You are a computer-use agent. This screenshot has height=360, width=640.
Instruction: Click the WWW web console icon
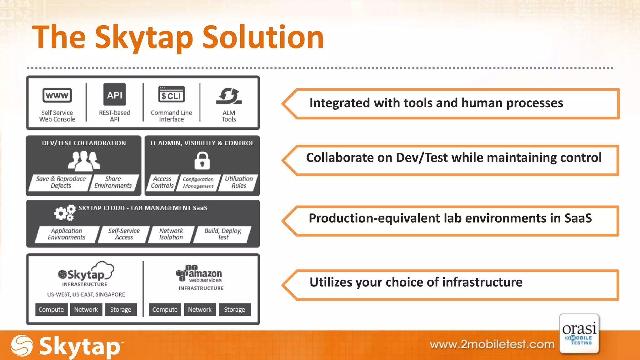[57, 95]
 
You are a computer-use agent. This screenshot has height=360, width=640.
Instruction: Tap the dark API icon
[115, 95]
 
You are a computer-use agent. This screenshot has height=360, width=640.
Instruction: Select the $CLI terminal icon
[172, 95]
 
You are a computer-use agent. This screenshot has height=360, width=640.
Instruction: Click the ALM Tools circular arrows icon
[229, 96]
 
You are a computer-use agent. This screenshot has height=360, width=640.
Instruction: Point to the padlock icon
[202, 161]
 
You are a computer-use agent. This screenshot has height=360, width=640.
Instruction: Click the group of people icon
[84, 161]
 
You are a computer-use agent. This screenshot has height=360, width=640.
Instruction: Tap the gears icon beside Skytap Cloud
[65, 213]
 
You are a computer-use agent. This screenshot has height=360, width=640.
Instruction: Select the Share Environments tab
[113, 182]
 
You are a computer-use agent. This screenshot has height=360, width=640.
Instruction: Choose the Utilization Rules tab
[239, 182]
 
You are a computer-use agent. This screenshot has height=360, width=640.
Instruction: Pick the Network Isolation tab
[171, 234]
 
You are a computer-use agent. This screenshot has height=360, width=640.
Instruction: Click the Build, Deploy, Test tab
[223, 234]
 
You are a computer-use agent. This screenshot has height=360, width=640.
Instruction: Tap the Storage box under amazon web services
[234, 309]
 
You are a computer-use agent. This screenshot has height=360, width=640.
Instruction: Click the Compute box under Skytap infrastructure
[51, 309]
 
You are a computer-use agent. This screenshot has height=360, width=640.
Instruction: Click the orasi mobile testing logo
[579, 334]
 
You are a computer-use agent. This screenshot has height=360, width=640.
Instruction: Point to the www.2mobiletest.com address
[492, 344]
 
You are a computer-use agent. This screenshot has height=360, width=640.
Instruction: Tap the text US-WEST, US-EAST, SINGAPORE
[86, 294]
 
